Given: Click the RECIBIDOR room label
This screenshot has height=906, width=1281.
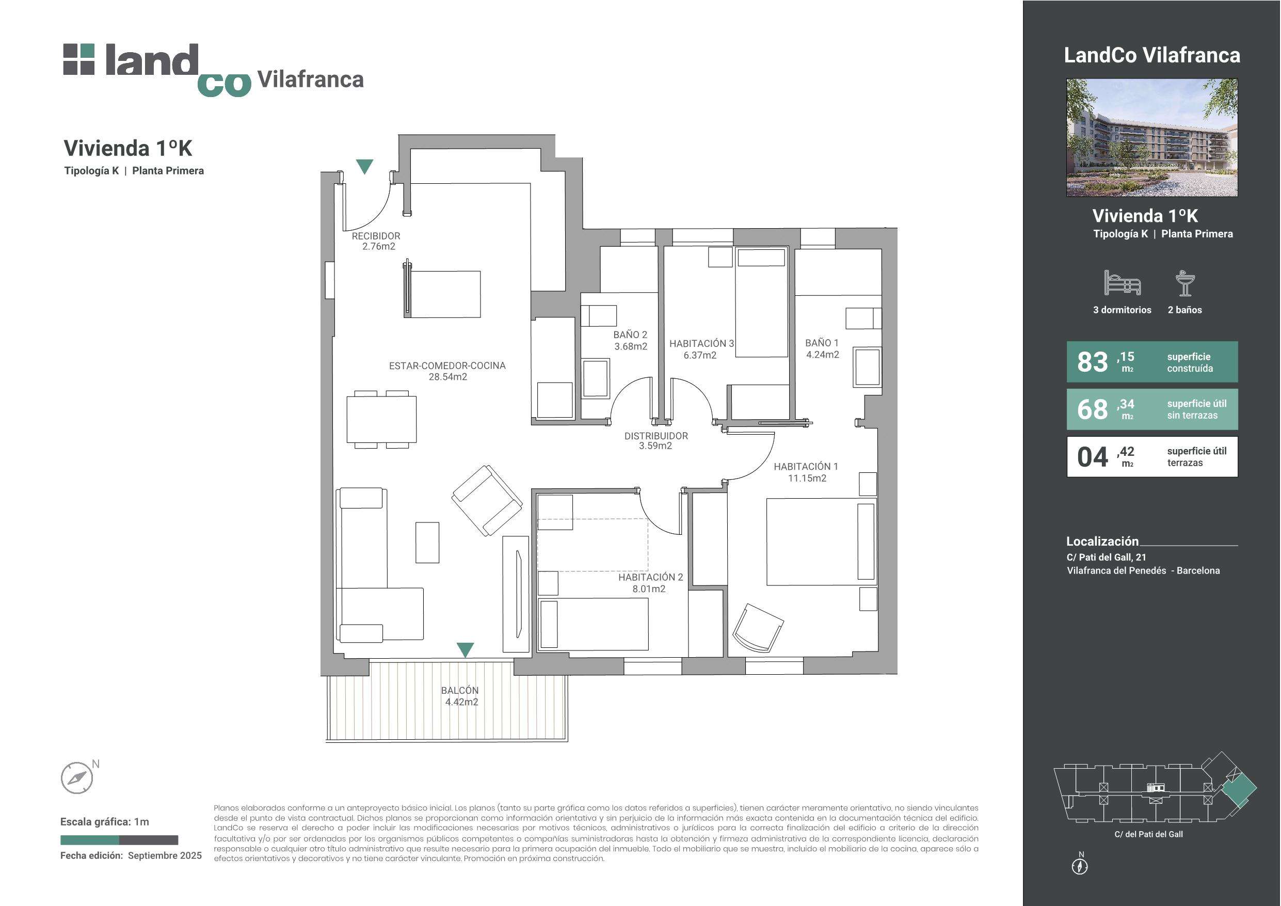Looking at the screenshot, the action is (376, 236).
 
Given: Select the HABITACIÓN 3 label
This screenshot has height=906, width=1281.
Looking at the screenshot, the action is (701, 343).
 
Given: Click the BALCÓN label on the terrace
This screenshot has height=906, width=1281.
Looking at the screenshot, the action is (460, 691).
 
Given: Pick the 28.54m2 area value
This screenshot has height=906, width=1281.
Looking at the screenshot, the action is (447, 377).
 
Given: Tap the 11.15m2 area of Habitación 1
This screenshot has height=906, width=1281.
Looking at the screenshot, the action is (807, 478).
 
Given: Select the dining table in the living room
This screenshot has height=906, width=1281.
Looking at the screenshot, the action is (381, 419).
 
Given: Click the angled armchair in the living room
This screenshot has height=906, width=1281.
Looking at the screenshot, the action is (487, 501).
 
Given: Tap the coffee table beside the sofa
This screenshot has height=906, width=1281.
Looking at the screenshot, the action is (427, 542).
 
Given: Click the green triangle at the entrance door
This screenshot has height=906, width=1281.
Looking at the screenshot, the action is (364, 166).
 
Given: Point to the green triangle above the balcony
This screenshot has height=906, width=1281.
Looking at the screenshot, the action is (466, 650).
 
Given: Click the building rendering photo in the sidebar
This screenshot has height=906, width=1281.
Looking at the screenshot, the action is (1151, 137).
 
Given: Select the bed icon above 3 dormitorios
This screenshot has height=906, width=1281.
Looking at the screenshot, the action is (1122, 283).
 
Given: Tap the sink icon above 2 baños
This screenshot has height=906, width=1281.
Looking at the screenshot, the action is (1184, 283).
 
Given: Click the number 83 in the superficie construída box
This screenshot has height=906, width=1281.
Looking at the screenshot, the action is (1092, 362).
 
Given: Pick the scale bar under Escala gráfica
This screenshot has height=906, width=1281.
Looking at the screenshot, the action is (119, 839).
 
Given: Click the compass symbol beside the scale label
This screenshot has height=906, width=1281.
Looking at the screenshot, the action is (76, 777).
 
